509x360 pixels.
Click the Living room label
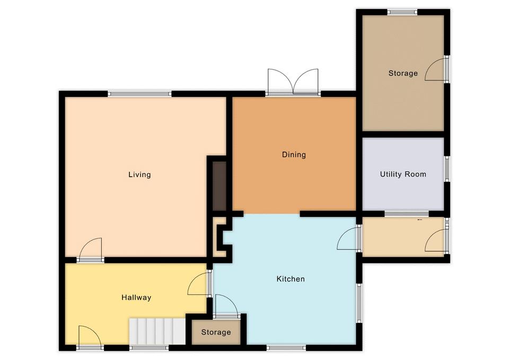139,174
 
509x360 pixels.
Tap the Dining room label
294,154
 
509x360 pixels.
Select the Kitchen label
291,279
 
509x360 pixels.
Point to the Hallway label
136,297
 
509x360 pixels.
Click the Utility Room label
403,174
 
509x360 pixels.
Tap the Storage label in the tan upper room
403,73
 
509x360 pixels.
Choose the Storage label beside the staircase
216,332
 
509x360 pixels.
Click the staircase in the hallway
157,331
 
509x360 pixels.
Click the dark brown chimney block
219,186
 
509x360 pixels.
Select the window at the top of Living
139,94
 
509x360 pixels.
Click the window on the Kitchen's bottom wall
286,348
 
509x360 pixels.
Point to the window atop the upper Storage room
402,12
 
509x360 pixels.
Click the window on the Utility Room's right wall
447,169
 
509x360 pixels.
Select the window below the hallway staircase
150,348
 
